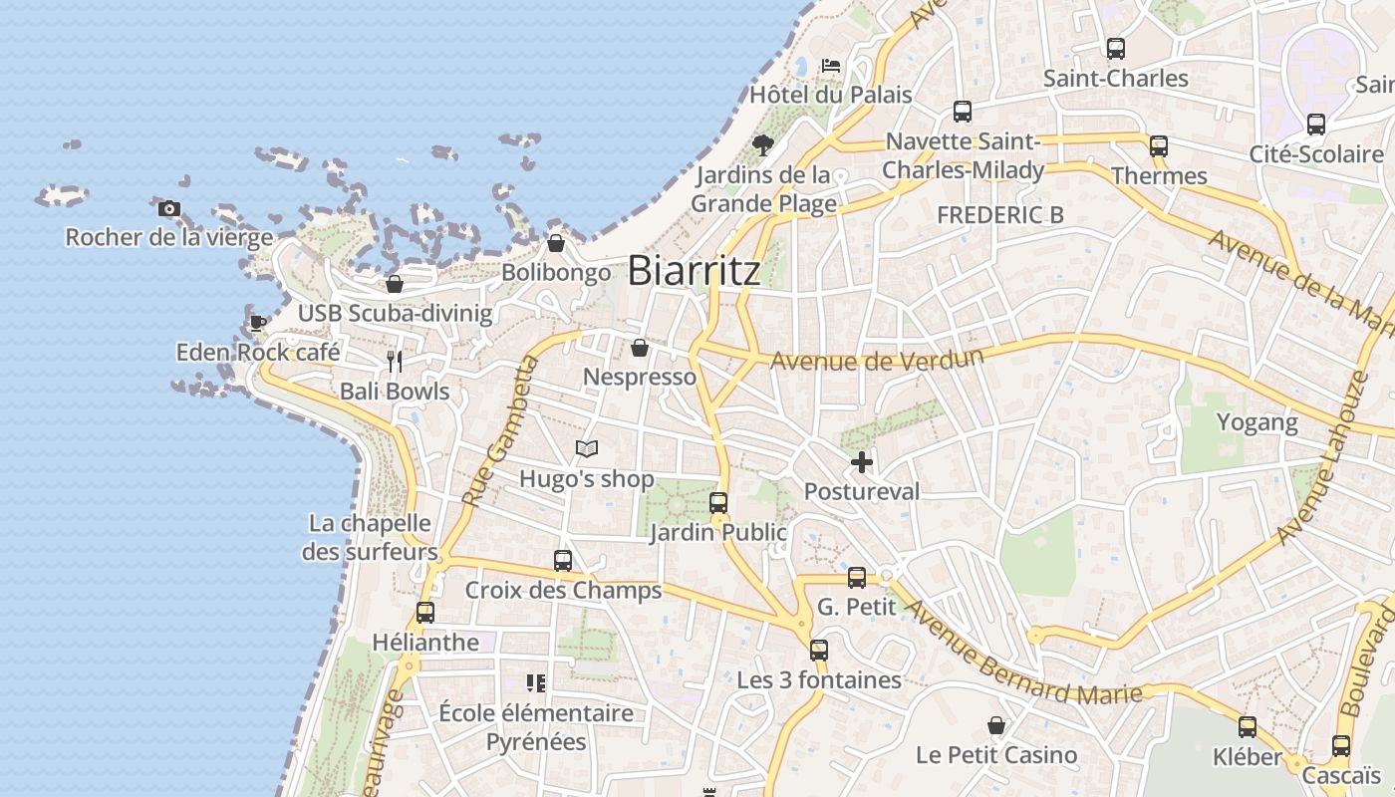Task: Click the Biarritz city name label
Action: point(695,271)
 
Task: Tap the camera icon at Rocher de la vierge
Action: point(169,209)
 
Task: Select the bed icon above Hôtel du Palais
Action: point(831,66)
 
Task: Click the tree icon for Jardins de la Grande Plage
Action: point(763,145)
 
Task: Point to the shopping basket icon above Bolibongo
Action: point(556,243)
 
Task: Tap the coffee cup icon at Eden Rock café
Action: point(257,322)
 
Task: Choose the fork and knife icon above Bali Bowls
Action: point(395,361)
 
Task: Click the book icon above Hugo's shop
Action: point(587,449)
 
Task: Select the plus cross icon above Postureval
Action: point(862,462)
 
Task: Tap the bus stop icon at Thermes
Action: point(1158,146)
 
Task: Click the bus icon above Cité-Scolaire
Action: point(1316,125)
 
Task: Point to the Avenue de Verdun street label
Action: point(877,359)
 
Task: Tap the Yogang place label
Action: point(1257,422)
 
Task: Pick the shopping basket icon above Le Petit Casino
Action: point(995,725)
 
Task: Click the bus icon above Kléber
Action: point(1248,727)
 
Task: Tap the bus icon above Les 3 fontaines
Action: point(819,651)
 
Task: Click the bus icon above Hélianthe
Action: point(425,613)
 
